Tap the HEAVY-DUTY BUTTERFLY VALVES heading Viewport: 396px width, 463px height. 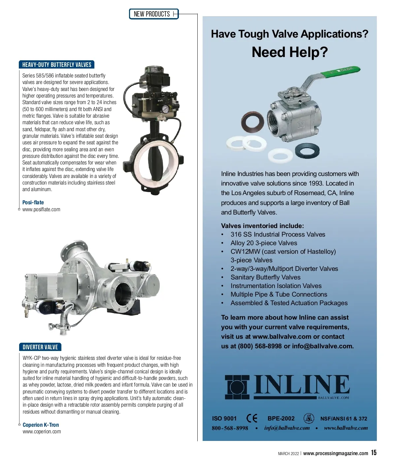(x=56, y=65)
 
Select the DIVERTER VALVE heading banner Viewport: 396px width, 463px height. (x=40, y=347)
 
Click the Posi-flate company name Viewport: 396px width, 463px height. (x=33, y=202)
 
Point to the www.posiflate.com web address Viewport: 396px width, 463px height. (x=41, y=210)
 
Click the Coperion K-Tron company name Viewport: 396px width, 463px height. (x=41, y=425)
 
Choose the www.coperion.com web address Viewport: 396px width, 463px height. (x=42, y=432)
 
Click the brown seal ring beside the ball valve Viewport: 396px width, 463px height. (x=253, y=121)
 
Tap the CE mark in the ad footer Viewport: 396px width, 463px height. (x=252, y=418)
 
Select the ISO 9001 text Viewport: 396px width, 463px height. (x=224, y=419)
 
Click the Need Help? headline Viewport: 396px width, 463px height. (x=290, y=52)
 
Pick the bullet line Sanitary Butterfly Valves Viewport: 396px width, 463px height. (x=265, y=277)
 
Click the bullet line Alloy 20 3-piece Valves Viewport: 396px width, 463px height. (x=264, y=243)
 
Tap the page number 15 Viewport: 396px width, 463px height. (x=374, y=453)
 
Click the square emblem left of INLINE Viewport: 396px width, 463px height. (x=237, y=387)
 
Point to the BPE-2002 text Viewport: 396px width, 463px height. (x=281, y=419)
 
